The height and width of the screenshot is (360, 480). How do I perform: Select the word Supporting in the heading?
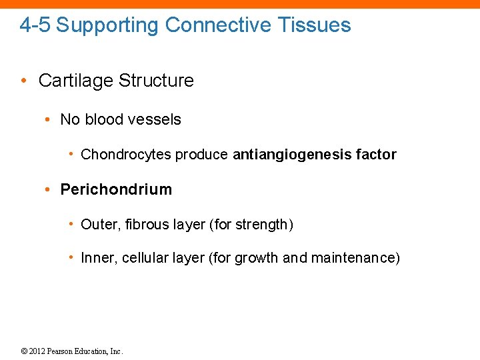coord(108,25)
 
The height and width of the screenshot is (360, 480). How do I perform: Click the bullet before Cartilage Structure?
coord(23,81)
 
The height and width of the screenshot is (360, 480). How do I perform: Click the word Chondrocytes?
coord(126,155)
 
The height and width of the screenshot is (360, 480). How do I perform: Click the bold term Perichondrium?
coord(116,189)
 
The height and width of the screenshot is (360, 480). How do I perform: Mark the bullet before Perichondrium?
coord(48,190)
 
